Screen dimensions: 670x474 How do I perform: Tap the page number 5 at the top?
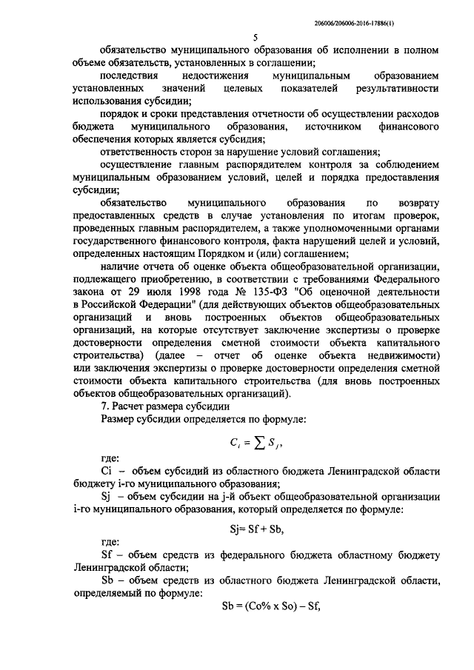pos(255,37)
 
